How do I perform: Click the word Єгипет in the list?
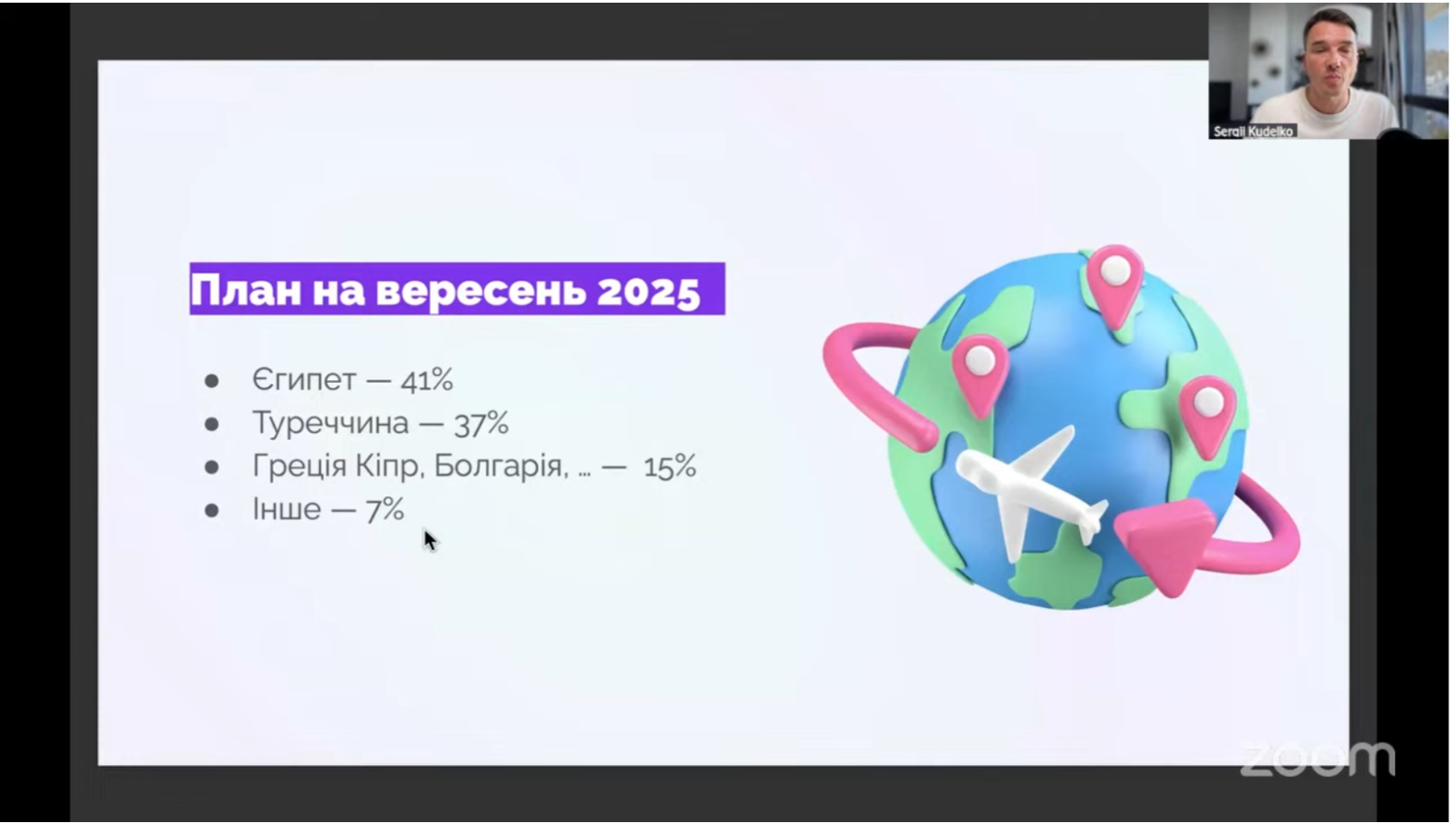[x=304, y=380]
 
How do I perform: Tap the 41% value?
[x=427, y=380]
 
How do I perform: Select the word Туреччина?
[x=330, y=423]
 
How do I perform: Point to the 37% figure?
[x=482, y=423]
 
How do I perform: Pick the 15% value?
[x=670, y=465]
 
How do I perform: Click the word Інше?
[x=287, y=509]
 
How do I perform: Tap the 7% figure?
[x=385, y=509]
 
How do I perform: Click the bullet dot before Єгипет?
[x=211, y=381]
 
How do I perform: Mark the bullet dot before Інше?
[x=211, y=510]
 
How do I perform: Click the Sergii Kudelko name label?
[x=1252, y=132]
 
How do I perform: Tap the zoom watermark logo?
[x=1318, y=759]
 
